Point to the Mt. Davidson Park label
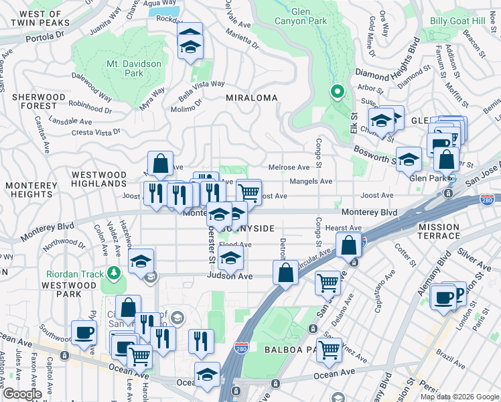point(134,68)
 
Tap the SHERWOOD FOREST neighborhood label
point(39,101)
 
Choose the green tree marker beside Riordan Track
point(114,273)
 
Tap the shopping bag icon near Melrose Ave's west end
point(161,163)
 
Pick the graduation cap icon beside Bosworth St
point(409,159)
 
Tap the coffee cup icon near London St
point(443,297)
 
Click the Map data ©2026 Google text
point(459,397)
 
